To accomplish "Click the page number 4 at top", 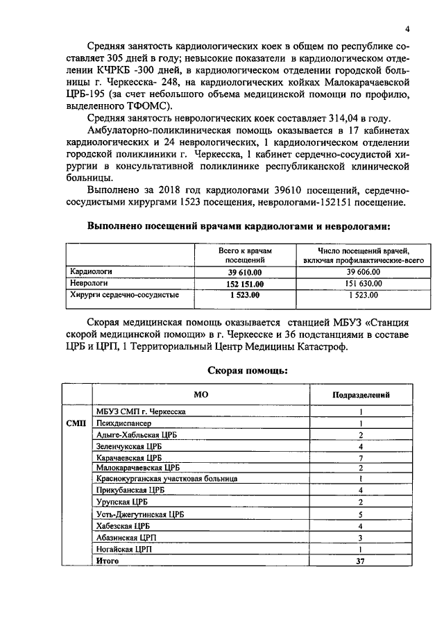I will [408, 28].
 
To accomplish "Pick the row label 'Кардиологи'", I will [90, 272].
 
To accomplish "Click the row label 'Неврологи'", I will [87, 284].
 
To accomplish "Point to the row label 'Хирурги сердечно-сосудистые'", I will [123, 296].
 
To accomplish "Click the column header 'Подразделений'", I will [361, 394].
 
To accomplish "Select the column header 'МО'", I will [201, 394].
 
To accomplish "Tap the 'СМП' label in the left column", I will [75, 423].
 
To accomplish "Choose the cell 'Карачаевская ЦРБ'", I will [129, 458].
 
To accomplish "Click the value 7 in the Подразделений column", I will [361, 458].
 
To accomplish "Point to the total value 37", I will [360, 561].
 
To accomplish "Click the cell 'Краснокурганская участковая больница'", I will [167, 479].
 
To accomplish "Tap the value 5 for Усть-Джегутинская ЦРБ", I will [361, 514].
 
